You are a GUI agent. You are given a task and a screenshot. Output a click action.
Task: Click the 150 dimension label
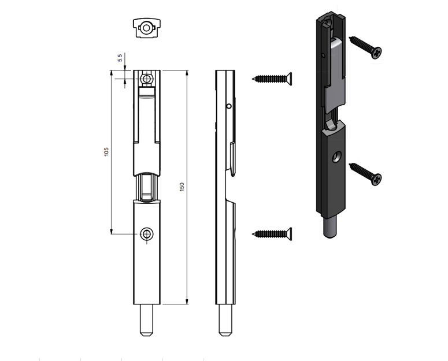[x=182, y=187]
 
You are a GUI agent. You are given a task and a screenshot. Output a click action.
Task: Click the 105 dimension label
[x=106, y=151]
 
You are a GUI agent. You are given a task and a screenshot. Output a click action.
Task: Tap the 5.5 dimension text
[x=120, y=58]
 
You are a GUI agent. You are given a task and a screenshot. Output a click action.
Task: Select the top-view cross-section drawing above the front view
[x=147, y=28]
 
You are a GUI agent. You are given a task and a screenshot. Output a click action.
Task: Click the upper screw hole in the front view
[x=147, y=79]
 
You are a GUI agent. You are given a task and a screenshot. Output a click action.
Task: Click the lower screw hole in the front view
[x=147, y=234]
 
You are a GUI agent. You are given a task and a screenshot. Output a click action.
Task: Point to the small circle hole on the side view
[x=229, y=106]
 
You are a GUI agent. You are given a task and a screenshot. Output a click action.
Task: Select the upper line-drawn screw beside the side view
[x=272, y=79]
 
